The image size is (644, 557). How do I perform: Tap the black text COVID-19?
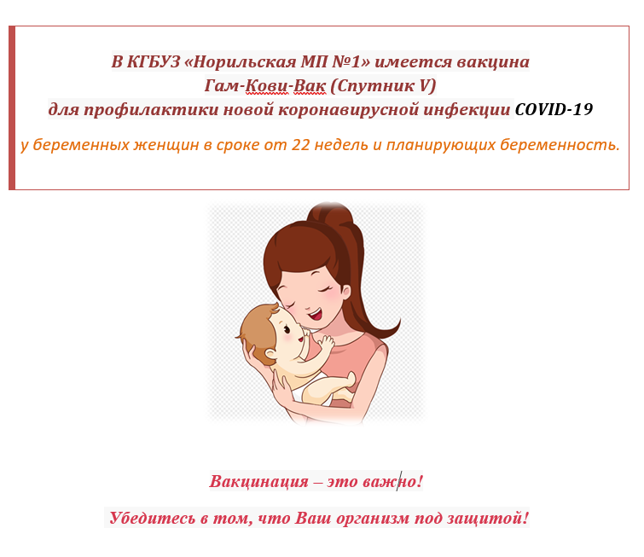coord(554,109)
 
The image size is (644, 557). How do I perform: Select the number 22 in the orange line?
coord(300,145)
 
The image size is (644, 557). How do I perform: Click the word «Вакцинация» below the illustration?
coord(258,481)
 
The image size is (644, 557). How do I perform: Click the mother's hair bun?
coord(331,213)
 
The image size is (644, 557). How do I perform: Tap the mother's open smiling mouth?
coord(316,315)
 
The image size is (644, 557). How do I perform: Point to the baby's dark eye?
coord(287,328)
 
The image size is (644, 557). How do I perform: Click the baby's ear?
coord(270,353)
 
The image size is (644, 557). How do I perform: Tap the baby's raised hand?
coord(327,343)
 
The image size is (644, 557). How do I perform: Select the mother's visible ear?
coord(345,292)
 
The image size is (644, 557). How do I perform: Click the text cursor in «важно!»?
coord(397,481)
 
